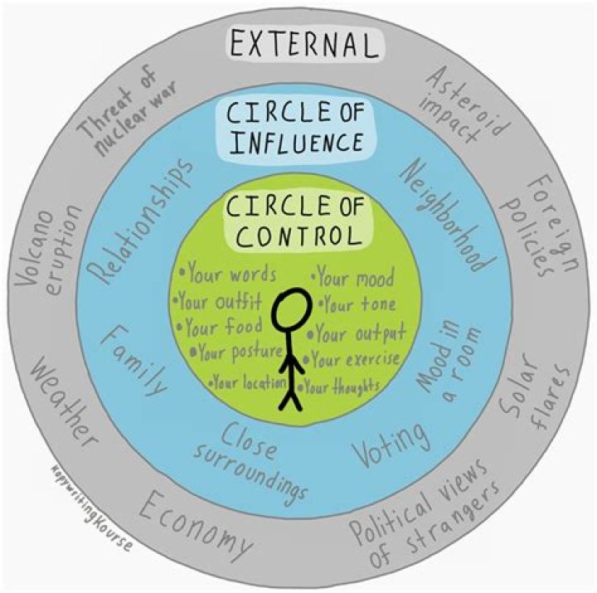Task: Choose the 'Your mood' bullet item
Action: (x=353, y=276)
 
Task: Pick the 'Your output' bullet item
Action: (x=357, y=333)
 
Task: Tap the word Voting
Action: (x=391, y=445)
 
